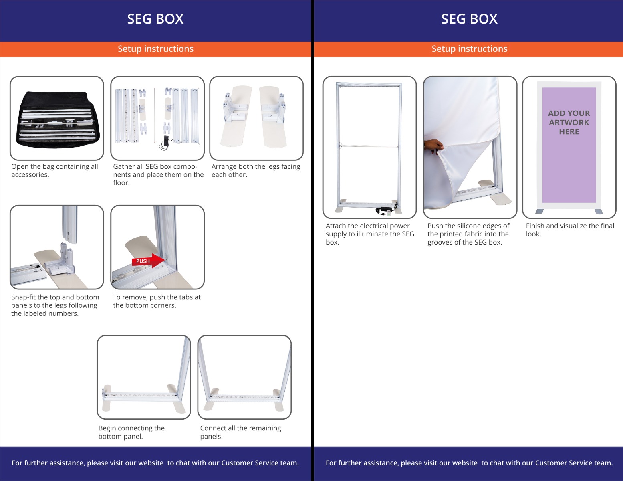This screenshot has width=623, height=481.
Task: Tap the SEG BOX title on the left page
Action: (x=155, y=19)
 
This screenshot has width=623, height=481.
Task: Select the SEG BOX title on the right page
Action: (x=469, y=19)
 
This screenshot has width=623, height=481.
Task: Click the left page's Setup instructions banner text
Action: (x=155, y=49)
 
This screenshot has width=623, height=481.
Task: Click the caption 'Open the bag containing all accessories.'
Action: (x=54, y=170)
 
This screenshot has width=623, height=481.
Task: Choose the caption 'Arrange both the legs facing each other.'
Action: (x=256, y=170)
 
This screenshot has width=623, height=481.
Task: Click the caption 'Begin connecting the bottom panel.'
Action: (x=131, y=432)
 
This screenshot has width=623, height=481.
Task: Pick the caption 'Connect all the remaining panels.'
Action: (x=240, y=432)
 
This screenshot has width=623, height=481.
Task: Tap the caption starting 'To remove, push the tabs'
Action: (x=157, y=301)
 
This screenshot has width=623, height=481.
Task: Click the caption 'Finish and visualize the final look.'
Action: (x=570, y=230)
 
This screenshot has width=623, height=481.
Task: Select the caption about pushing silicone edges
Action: (x=468, y=234)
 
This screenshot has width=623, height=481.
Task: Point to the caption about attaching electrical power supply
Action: (x=370, y=234)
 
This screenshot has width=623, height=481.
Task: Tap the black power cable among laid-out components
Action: (x=164, y=143)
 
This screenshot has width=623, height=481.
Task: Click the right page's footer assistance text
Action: (x=469, y=463)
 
